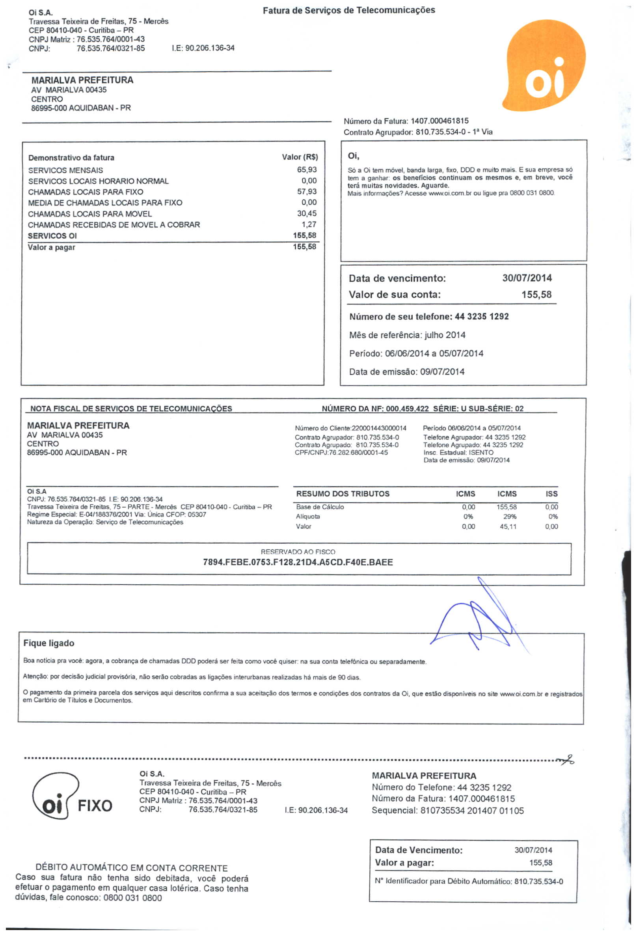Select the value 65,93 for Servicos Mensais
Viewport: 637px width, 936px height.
(x=306, y=170)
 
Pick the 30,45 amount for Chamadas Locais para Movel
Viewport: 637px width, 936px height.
(x=306, y=213)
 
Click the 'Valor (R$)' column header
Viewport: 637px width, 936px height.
(x=300, y=157)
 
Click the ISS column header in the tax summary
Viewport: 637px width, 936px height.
(x=551, y=494)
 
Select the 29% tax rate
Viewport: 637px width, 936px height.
(x=509, y=517)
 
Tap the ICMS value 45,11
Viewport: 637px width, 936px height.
(x=508, y=526)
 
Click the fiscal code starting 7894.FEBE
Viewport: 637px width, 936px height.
(x=298, y=562)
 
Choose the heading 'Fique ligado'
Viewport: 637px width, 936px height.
(x=49, y=643)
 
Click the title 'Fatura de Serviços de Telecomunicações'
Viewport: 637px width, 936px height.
(x=349, y=10)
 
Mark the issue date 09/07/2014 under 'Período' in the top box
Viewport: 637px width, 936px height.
(x=442, y=372)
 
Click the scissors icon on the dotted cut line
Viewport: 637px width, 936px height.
(x=566, y=760)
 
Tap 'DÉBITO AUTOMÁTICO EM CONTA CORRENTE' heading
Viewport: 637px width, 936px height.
(x=132, y=867)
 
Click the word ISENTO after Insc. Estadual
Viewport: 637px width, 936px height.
(x=481, y=452)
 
